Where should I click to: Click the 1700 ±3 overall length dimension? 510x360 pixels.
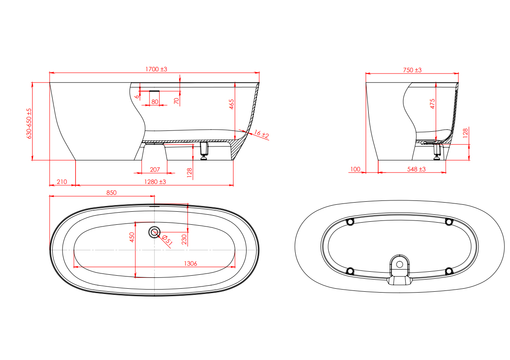tap(156, 69)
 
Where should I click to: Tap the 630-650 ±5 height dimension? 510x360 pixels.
tap(29, 123)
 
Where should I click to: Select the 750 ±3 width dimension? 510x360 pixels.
tap(412, 70)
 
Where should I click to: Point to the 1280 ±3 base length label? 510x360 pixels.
tap(155, 182)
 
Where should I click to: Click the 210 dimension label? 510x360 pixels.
tap(62, 182)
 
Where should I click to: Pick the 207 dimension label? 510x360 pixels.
tap(155, 170)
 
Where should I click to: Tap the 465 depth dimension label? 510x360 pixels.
tap(232, 104)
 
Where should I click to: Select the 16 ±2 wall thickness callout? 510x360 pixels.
tap(261, 134)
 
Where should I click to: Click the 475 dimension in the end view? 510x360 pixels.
tap(432, 104)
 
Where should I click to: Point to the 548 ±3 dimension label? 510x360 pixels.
tap(417, 169)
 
